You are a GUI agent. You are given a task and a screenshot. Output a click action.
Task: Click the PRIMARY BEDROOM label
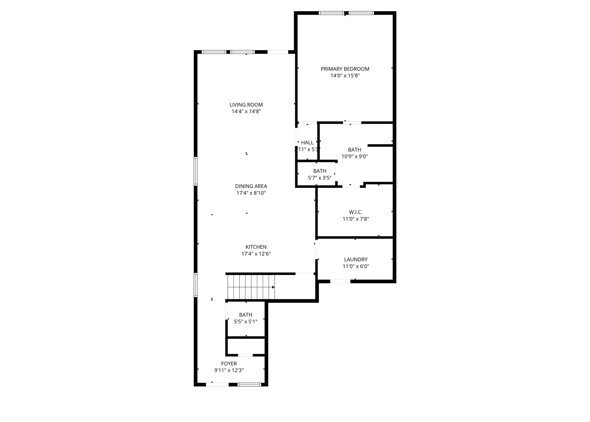click(x=345, y=69)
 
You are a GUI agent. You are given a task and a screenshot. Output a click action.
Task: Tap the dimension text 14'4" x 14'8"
click(x=246, y=111)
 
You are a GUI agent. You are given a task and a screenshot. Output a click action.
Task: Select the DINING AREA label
click(x=251, y=186)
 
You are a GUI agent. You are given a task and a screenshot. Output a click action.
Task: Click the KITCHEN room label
click(x=256, y=247)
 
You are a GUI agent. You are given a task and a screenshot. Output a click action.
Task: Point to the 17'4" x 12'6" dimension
click(x=256, y=254)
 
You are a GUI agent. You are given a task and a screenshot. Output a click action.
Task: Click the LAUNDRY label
click(x=356, y=260)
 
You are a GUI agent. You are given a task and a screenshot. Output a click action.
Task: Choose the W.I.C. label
click(x=356, y=212)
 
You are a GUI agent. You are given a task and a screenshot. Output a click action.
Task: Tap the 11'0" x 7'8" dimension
click(x=356, y=219)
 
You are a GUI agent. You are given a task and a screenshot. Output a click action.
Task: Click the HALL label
click(x=307, y=143)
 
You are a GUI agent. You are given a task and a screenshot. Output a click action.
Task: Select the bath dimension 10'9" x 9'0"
click(x=355, y=157)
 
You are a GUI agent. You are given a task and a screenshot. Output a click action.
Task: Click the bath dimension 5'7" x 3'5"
click(x=320, y=178)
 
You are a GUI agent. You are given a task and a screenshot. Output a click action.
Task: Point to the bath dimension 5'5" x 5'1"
click(x=246, y=322)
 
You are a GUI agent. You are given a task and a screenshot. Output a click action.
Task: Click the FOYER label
click(x=229, y=364)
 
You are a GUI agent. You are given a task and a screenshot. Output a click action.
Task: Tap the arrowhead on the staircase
click(x=273, y=287)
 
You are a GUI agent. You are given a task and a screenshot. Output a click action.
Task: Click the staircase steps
click(x=250, y=287)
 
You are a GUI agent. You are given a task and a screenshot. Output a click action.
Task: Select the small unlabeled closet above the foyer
click(x=246, y=346)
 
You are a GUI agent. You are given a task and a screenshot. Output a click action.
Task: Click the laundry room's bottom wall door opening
click(x=340, y=281)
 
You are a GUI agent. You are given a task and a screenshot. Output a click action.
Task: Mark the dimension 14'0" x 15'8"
click(x=345, y=76)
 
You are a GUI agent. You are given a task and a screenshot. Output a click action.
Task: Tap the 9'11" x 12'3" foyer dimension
click(x=229, y=370)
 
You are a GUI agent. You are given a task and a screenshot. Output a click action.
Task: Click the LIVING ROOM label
click(x=246, y=105)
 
